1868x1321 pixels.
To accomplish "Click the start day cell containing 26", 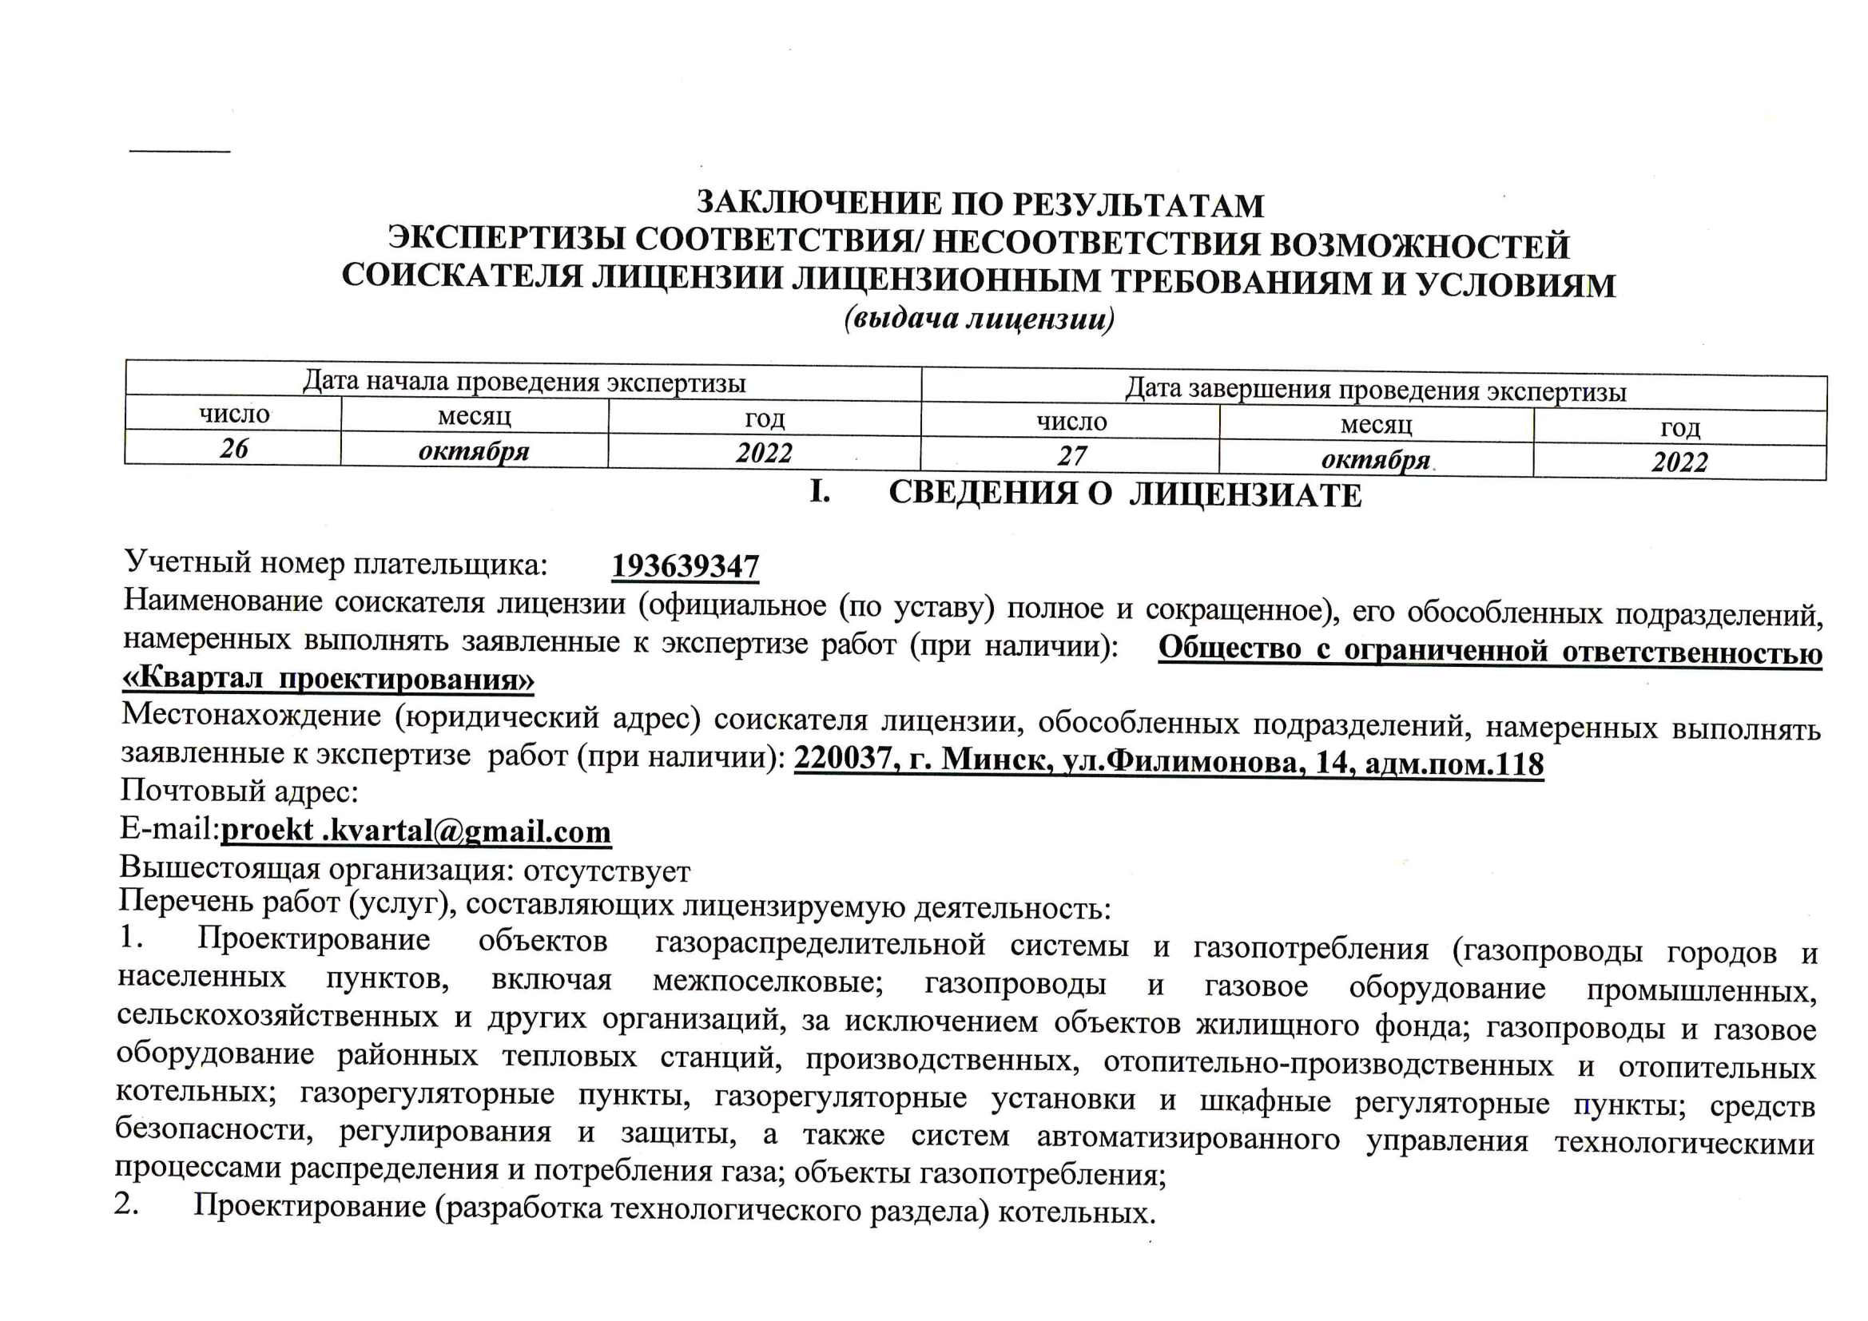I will click(234, 448).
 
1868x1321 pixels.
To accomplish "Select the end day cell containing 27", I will click(1071, 456).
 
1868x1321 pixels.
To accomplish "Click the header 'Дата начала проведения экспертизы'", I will click(524, 382).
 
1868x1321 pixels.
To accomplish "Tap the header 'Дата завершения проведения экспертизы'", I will click(1375, 391).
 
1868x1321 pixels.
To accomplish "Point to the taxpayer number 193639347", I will click(685, 566).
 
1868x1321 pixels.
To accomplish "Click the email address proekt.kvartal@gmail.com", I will click(415, 831).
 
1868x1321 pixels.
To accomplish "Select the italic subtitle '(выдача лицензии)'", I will click(979, 319).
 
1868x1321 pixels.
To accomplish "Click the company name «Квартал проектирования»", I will click(328, 678).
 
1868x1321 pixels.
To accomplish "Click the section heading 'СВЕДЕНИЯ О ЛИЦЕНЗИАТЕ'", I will click(1124, 494).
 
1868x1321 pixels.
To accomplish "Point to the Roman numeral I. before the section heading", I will click(819, 491).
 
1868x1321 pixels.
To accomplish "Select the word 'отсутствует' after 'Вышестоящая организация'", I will click(607, 871).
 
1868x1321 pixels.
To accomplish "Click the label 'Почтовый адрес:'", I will click(239, 791).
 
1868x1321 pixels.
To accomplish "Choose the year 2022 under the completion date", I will click(1679, 462).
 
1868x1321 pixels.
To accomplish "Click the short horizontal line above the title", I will click(180, 151).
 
